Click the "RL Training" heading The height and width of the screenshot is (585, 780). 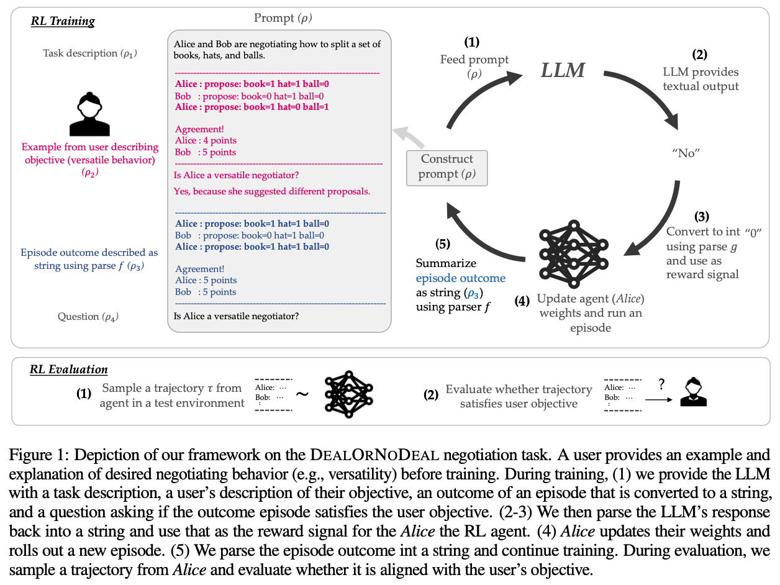point(63,21)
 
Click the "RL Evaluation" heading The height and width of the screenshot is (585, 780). point(68,370)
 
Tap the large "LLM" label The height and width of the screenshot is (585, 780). point(563,70)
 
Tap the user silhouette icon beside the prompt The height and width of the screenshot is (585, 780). point(89,115)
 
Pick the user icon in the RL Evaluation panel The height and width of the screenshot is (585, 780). point(694,393)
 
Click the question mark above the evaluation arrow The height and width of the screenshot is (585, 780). point(661,384)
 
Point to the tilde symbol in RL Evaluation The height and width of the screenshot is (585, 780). point(302,395)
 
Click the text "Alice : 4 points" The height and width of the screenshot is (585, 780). point(206,141)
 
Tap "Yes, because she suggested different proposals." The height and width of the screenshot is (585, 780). point(272,191)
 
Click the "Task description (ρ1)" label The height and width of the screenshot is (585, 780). point(90,53)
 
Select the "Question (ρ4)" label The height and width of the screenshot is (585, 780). point(88,317)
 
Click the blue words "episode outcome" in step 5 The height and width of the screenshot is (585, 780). point(460,278)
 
